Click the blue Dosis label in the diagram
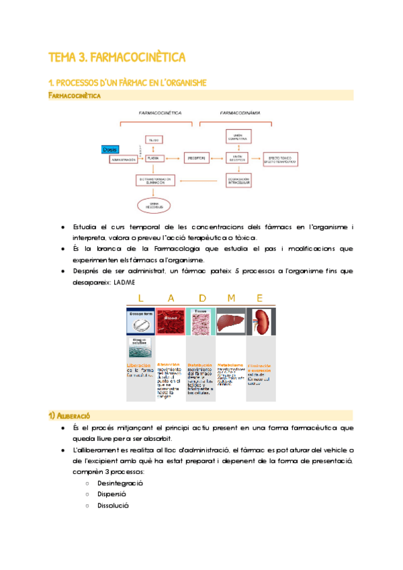coord(109,149)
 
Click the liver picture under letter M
coord(230,322)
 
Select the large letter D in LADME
coord(201,298)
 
